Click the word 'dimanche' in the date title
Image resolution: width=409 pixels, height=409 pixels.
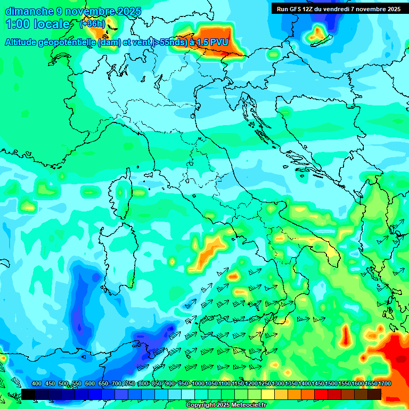[x=29, y=11]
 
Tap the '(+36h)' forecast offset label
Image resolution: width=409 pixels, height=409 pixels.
[x=92, y=24]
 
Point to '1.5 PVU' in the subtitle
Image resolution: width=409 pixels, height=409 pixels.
[x=212, y=42]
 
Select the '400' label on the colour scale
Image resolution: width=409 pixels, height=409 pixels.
[x=37, y=384]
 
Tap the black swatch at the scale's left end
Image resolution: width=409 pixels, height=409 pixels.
[x=28, y=394]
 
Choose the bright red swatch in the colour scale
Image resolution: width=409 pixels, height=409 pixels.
[x=321, y=394]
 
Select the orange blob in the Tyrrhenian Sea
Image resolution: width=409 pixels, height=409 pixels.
[x=210, y=248]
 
